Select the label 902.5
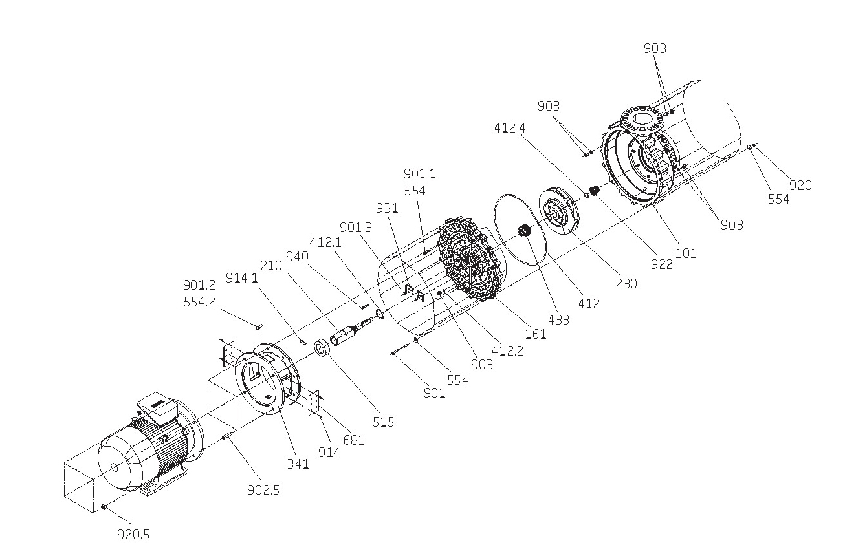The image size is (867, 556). click(x=263, y=490)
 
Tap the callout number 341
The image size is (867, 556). click(x=298, y=464)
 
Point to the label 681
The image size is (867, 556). click(x=354, y=440)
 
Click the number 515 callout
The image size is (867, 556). click(x=384, y=422)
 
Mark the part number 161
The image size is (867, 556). click(x=536, y=334)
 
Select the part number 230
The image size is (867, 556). click(x=626, y=283)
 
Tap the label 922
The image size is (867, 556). click(x=661, y=264)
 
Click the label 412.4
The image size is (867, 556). click(x=510, y=128)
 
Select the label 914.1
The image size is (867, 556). click(x=242, y=277)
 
